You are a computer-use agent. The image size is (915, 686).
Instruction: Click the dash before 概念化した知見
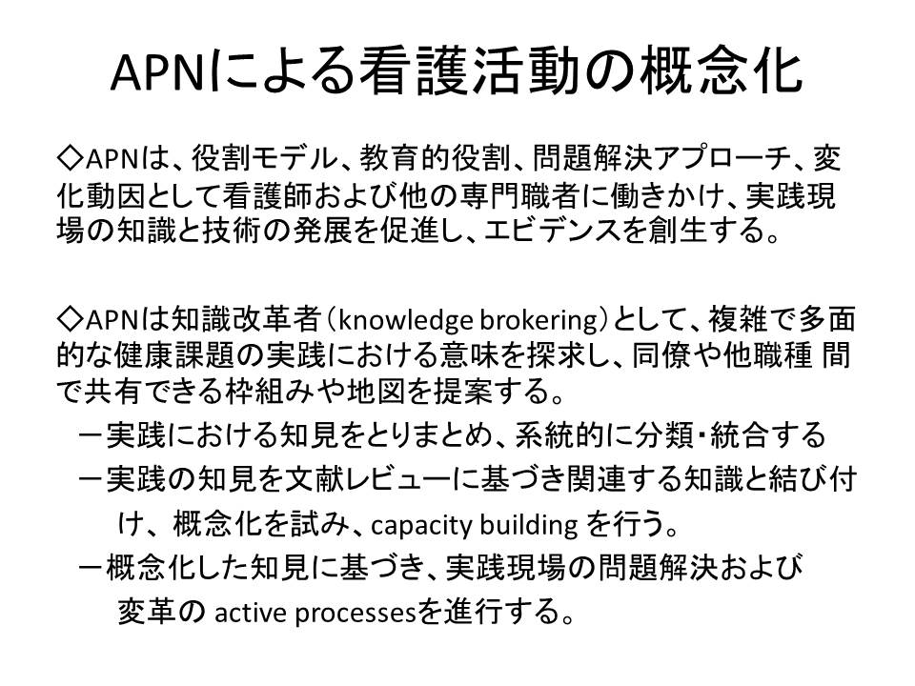click(x=91, y=569)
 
